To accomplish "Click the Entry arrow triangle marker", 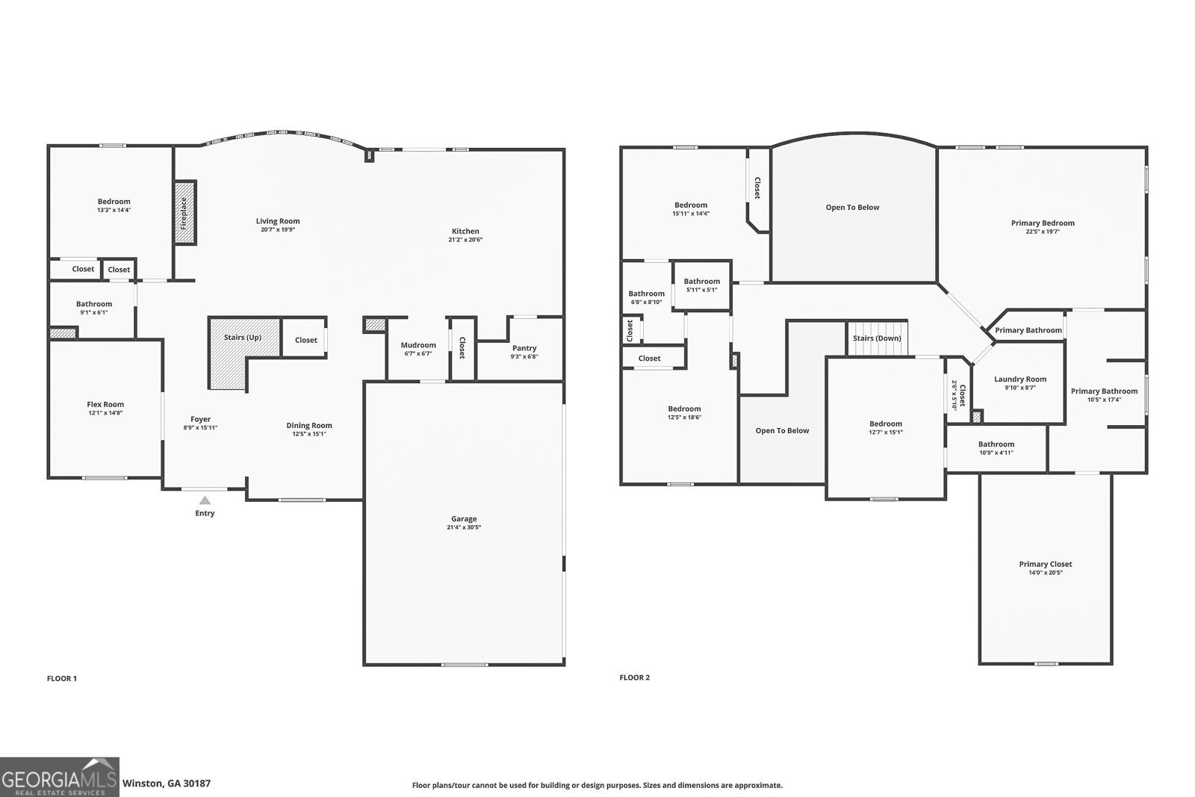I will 205,500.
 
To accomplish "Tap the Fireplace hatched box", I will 185,212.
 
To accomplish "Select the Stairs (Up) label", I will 243,338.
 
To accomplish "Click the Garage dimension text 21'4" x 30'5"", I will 464,527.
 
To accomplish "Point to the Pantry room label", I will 524,348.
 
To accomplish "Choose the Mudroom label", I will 418,345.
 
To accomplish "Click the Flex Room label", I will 105,404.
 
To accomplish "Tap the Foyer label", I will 200,419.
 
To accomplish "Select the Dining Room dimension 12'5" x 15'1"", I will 309,434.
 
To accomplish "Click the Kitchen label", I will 465,231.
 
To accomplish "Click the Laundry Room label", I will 1020,379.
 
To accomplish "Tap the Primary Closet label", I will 1046,564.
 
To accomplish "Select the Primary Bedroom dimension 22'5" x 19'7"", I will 1043,232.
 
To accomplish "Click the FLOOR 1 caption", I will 62,678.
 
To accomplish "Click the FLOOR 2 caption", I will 635,677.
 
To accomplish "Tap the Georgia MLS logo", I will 59,777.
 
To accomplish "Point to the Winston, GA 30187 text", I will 167,784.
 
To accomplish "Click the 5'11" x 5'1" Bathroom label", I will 701,282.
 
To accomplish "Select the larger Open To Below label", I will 852,207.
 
